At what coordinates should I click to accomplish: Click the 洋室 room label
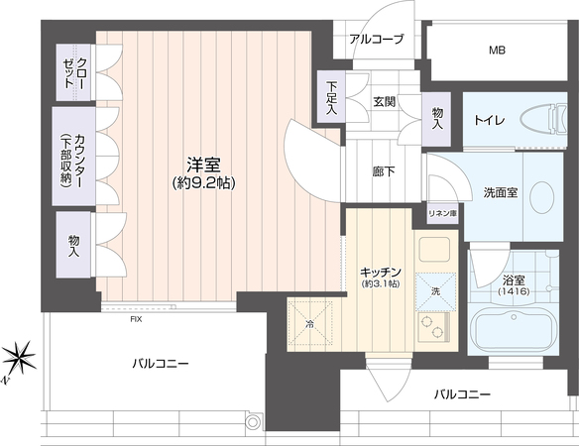(x=203, y=166)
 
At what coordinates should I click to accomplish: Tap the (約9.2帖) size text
(x=204, y=182)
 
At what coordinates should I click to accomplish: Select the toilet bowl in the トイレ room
(x=543, y=120)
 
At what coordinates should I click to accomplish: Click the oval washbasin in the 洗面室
(x=541, y=197)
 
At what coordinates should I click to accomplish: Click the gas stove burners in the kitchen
(x=433, y=327)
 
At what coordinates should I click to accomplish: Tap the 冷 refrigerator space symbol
(x=310, y=324)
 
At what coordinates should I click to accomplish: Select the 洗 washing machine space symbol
(x=435, y=291)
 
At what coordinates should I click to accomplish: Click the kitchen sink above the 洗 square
(x=435, y=250)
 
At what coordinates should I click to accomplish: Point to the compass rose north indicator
(x=19, y=358)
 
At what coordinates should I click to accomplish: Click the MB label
(x=497, y=51)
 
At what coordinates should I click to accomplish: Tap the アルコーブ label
(x=377, y=39)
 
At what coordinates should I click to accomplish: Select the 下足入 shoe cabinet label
(x=331, y=98)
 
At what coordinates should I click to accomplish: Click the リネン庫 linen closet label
(x=443, y=213)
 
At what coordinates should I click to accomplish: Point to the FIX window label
(x=136, y=320)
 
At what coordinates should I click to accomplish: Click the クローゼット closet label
(x=73, y=72)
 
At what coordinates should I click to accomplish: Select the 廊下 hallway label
(x=384, y=171)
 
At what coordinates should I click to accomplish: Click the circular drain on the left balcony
(x=253, y=422)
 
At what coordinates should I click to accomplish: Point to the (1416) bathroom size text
(x=514, y=291)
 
